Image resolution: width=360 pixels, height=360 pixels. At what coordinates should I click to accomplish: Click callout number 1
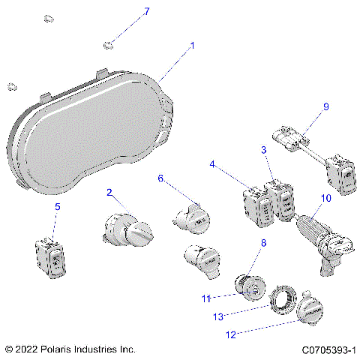click(x=192, y=46)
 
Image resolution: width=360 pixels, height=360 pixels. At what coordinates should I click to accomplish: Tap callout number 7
click(x=147, y=11)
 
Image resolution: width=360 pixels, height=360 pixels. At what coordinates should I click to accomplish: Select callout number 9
click(x=325, y=106)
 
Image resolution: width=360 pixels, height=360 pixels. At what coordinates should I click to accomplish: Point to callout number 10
click(x=325, y=198)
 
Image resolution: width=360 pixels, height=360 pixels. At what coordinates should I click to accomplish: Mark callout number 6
click(x=160, y=178)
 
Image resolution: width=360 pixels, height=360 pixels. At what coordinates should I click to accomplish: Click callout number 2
click(x=109, y=193)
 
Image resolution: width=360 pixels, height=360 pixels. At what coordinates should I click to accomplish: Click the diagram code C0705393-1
click(x=328, y=349)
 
